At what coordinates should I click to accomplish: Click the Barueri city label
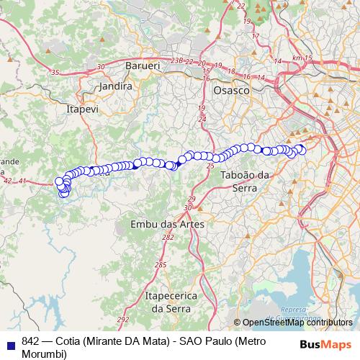pos(142,66)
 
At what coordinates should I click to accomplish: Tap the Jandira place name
pos(117,86)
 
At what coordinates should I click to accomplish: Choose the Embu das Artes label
pos(167,225)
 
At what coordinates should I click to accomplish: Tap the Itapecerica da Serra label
pos(168,302)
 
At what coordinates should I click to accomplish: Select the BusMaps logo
pos(327,345)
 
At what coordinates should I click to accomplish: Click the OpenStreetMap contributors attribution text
pos(293,323)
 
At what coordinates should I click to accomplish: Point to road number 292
pos(123,319)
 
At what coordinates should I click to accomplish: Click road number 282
pos(168,238)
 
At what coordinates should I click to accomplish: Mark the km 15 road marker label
pos(300,58)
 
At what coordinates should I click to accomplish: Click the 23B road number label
pos(177,62)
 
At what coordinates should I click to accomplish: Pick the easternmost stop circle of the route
pos(302,150)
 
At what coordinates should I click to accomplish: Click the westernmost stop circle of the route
pos(60,181)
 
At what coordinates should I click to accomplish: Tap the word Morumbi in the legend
pos(45,354)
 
